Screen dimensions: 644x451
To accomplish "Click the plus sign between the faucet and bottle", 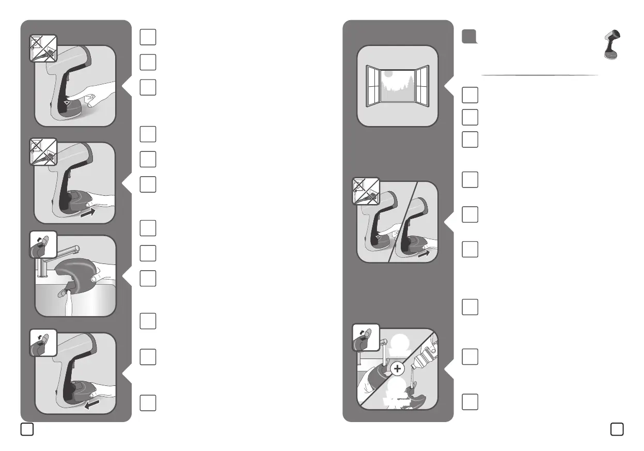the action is tap(397, 368).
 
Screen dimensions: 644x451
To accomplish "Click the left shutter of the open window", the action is tap(372, 86).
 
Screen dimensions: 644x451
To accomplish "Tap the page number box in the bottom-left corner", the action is tap(27, 429).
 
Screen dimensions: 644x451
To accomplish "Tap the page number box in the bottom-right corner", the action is tap(616, 429).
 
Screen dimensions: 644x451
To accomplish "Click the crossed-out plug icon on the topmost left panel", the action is tap(42, 50).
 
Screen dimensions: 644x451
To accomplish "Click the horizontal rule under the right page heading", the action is tap(540, 75).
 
